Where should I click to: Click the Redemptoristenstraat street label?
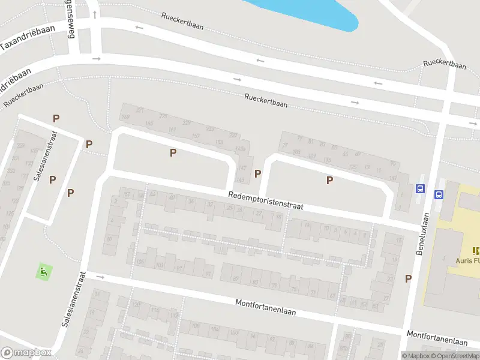coord(266,200)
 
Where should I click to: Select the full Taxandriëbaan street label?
coord(28,37)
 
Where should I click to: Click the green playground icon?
coord(43,271)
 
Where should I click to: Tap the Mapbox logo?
coord(26,353)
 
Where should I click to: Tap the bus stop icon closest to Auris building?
coord(439,194)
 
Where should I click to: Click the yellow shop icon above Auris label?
coord(476,251)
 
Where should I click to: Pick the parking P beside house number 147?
coord(258,174)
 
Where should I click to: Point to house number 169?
coord(125,116)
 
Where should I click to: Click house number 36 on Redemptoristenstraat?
coord(191,201)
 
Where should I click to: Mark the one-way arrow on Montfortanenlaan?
coord(100,277)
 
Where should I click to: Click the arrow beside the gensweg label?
coord(95,13)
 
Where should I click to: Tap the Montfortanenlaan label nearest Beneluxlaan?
coord(437,338)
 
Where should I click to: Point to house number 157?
coord(196,136)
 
